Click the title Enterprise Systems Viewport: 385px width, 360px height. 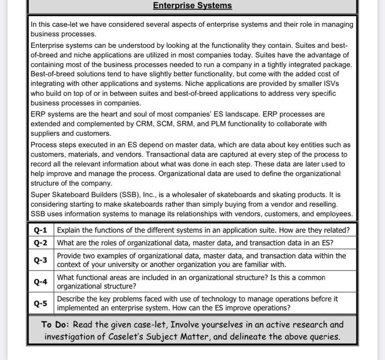(x=192, y=5)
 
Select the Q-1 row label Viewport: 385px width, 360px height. (x=41, y=230)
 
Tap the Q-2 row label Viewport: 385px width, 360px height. (x=41, y=243)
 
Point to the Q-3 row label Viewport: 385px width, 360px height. (x=41, y=260)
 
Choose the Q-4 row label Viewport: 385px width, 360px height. (x=41, y=282)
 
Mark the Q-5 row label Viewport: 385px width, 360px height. (x=41, y=303)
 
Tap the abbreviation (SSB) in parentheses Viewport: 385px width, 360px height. (x=128, y=195)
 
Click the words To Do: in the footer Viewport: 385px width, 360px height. (x=55, y=324)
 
